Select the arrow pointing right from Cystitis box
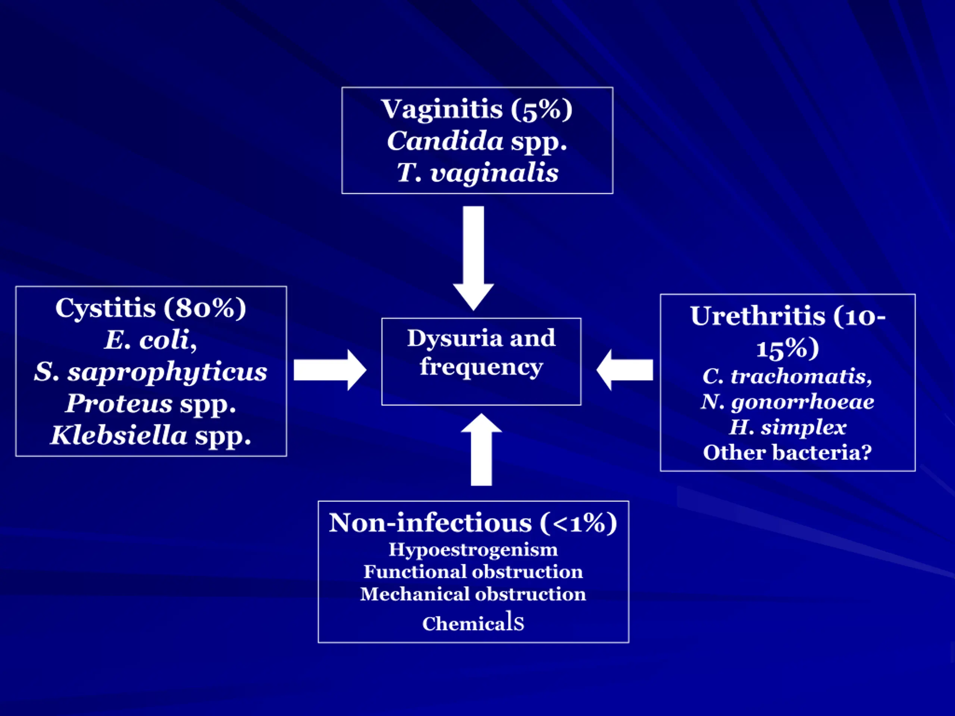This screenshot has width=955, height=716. coord(330,370)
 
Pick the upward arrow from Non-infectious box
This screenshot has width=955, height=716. coord(481,449)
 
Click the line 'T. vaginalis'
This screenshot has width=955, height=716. coord(477,173)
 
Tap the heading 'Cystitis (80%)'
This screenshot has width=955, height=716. coord(151,308)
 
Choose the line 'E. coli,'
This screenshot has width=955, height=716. coord(151,340)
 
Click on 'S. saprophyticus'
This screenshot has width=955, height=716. coord(151,372)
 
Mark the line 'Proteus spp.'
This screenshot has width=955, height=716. coord(151,404)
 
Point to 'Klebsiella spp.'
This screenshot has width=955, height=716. coord(151,435)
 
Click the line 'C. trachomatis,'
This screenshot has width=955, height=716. coord(788,376)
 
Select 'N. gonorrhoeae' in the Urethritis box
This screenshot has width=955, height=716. coord(788,402)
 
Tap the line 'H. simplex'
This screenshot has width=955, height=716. coord(788,427)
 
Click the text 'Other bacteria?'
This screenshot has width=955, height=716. coord(788,452)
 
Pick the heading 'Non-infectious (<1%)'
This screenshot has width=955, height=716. coord(473,523)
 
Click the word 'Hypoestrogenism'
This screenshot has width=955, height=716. coord(473,550)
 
